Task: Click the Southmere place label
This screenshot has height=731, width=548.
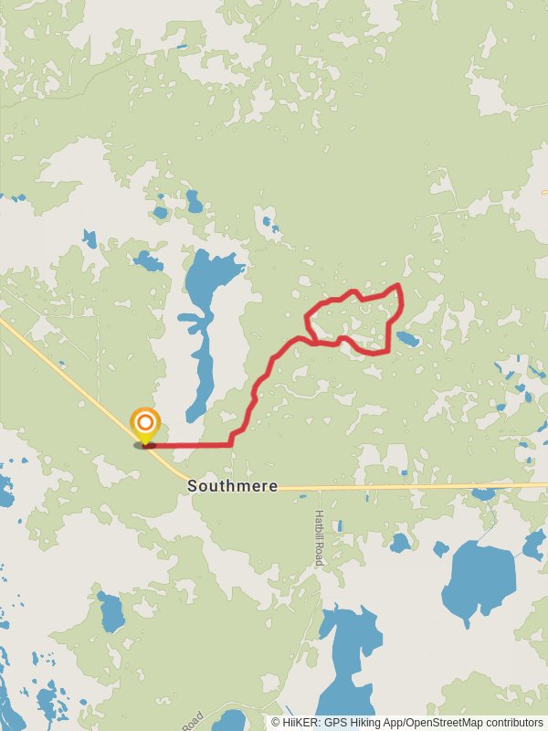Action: tap(232, 486)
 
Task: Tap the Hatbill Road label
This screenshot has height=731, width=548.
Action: tap(319, 537)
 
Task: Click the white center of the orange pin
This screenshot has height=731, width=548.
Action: tap(145, 423)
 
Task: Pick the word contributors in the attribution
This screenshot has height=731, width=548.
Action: tap(512, 722)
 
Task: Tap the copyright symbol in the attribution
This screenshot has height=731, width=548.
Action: tap(276, 722)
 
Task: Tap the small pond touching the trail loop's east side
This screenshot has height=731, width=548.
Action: tap(407, 339)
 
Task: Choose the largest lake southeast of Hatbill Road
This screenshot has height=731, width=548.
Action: tap(479, 580)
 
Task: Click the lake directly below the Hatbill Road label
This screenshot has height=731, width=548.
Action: tap(350, 640)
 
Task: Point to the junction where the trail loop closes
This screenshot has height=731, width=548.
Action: tap(315, 343)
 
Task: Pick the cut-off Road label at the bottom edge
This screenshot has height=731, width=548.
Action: tap(191, 721)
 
